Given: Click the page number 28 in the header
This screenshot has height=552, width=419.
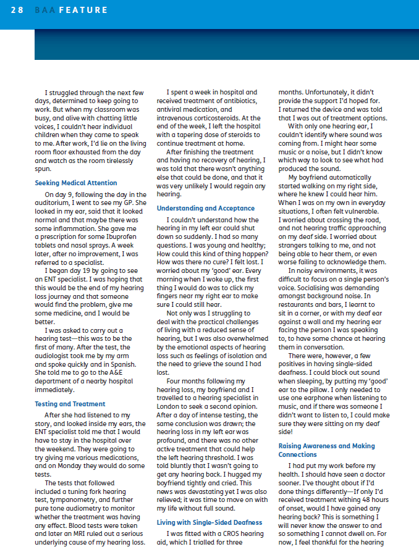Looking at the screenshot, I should point(17,10).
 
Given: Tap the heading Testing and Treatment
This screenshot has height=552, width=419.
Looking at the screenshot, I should point(70,404).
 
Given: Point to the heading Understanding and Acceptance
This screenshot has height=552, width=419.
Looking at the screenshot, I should point(206,208).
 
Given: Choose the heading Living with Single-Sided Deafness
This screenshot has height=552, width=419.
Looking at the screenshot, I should point(210,522).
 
